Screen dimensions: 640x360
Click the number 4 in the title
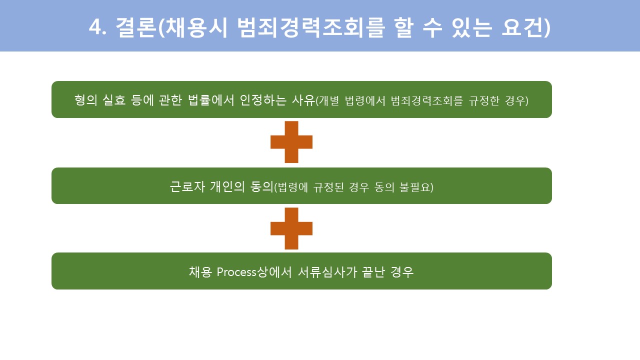[x=95, y=27]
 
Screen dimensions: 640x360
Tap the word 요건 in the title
[x=522, y=27]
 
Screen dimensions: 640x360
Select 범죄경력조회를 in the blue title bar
[x=311, y=27]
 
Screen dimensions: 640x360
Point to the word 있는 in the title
[x=472, y=27]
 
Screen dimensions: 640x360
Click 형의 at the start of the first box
[x=85, y=100]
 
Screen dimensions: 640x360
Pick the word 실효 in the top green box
[x=113, y=100]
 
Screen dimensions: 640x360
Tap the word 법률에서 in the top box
[x=211, y=100]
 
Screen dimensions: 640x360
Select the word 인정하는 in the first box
[x=263, y=100]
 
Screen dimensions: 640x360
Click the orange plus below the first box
[x=291, y=142]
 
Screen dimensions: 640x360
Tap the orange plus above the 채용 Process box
[x=291, y=228]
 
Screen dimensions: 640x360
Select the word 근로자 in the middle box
[x=187, y=186]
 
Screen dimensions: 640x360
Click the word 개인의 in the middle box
[x=227, y=186]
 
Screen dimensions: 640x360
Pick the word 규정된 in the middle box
[x=328, y=187]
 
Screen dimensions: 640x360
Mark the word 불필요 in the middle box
[x=414, y=187]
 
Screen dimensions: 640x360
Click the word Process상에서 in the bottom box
[x=254, y=272]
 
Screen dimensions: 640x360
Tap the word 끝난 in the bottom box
[x=373, y=272]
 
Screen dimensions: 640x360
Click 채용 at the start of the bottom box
[x=200, y=272]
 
